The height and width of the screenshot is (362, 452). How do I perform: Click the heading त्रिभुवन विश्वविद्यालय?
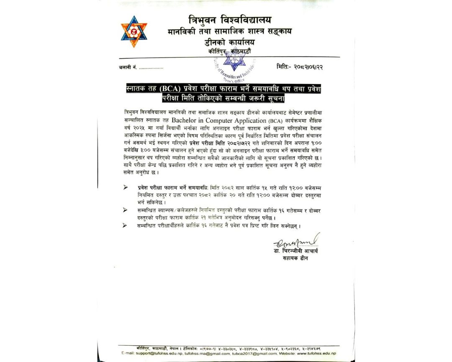point(229,20)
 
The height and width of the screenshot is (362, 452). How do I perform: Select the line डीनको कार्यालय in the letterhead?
point(229,42)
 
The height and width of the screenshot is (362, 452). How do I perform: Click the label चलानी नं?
point(128,67)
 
